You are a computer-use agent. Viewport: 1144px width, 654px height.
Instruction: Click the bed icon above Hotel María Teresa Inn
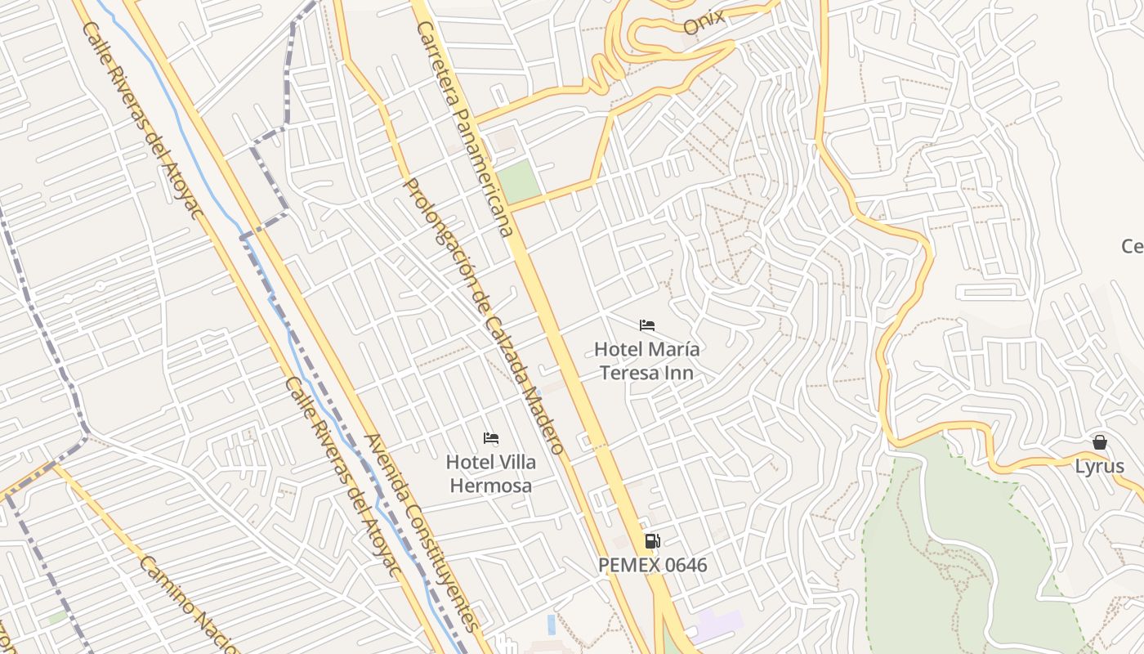coord(647,325)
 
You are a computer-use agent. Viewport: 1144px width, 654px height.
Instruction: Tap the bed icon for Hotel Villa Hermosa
coord(491,438)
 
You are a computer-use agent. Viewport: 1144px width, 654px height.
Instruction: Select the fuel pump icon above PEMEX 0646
coord(652,540)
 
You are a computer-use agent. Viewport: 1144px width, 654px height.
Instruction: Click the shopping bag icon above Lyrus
coord(1100,442)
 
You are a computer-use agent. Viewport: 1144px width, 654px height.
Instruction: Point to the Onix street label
coord(704,23)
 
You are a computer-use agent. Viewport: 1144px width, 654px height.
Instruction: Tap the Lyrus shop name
coord(1099,467)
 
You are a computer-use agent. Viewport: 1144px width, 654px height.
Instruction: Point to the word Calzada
coord(505,343)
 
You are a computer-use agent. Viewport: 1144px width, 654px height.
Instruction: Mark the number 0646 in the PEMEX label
coord(681,565)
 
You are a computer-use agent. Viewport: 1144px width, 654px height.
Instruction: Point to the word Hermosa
coord(491,486)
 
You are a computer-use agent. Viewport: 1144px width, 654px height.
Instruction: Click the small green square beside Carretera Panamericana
coord(519,181)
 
